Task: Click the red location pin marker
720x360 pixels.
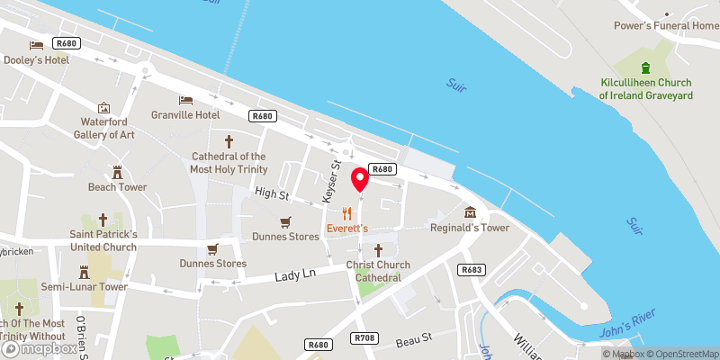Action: [360, 178]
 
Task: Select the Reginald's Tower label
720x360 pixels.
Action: [470, 228]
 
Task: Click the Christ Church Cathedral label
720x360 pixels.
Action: [378, 271]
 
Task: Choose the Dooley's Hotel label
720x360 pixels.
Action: [36, 59]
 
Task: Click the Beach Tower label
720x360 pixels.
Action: [117, 187]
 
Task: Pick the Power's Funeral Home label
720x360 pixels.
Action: [667, 25]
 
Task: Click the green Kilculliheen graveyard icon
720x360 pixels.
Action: [644, 67]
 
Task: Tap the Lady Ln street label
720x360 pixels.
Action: [296, 274]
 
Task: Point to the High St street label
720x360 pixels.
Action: [271, 193]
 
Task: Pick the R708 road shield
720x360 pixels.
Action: [364, 337]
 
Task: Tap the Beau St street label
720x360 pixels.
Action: [415, 338]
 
